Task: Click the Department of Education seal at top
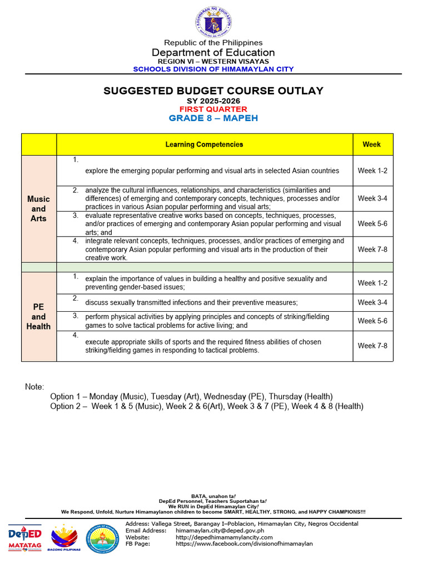click(213, 23)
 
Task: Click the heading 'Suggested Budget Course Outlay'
click(213, 91)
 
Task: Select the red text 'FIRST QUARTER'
click(213, 109)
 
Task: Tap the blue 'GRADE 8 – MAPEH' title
click(213, 118)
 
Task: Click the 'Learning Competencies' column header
click(204, 144)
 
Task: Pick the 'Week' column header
click(372, 144)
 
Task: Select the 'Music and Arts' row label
click(39, 208)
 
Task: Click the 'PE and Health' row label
click(39, 316)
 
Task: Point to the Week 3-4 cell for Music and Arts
click(373, 198)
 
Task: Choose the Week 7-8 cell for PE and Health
click(373, 346)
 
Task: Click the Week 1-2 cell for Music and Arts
click(373, 171)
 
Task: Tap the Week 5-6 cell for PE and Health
click(373, 321)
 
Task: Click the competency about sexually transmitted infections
click(191, 302)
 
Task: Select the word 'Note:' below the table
click(34, 387)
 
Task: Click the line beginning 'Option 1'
click(191, 396)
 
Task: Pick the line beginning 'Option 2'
click(206, 406)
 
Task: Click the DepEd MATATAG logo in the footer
click(25, 537)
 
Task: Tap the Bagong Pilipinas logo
click(64, 537)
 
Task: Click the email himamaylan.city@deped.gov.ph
click(220, 531)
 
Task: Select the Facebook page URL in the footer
click(244, 544)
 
